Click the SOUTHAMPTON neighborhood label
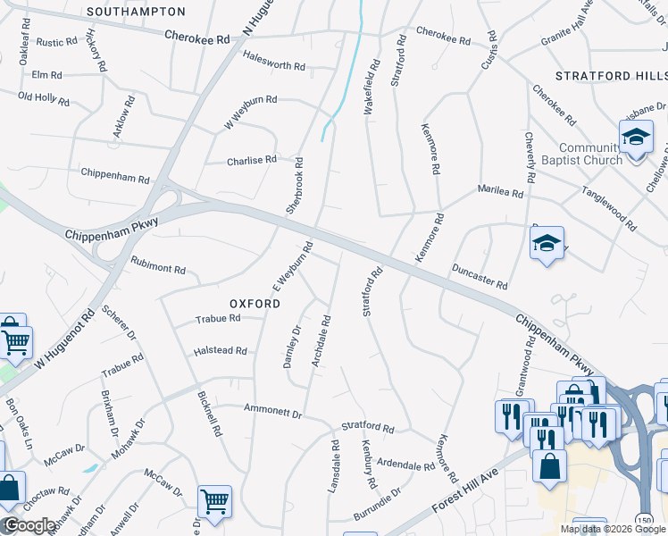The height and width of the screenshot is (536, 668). pos(137,12)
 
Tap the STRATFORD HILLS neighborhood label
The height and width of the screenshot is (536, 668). pos(611,77)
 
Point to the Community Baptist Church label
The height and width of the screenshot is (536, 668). pos(590,154)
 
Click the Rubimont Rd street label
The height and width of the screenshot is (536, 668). pos(157,268)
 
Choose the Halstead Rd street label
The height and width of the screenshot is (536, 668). pos(220,351)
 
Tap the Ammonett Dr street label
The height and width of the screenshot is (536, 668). pos(273,414)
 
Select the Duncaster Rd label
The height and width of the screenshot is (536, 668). pos(480,277)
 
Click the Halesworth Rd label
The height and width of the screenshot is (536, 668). pos(274,66)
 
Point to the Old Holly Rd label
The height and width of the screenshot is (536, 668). pos(44,96)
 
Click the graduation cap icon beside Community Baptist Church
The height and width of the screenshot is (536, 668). pos(636,138)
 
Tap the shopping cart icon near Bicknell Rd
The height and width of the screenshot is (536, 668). pos(214,502)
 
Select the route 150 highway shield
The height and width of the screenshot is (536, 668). pos(643,520)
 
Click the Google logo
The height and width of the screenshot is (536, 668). pos(29,526)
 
